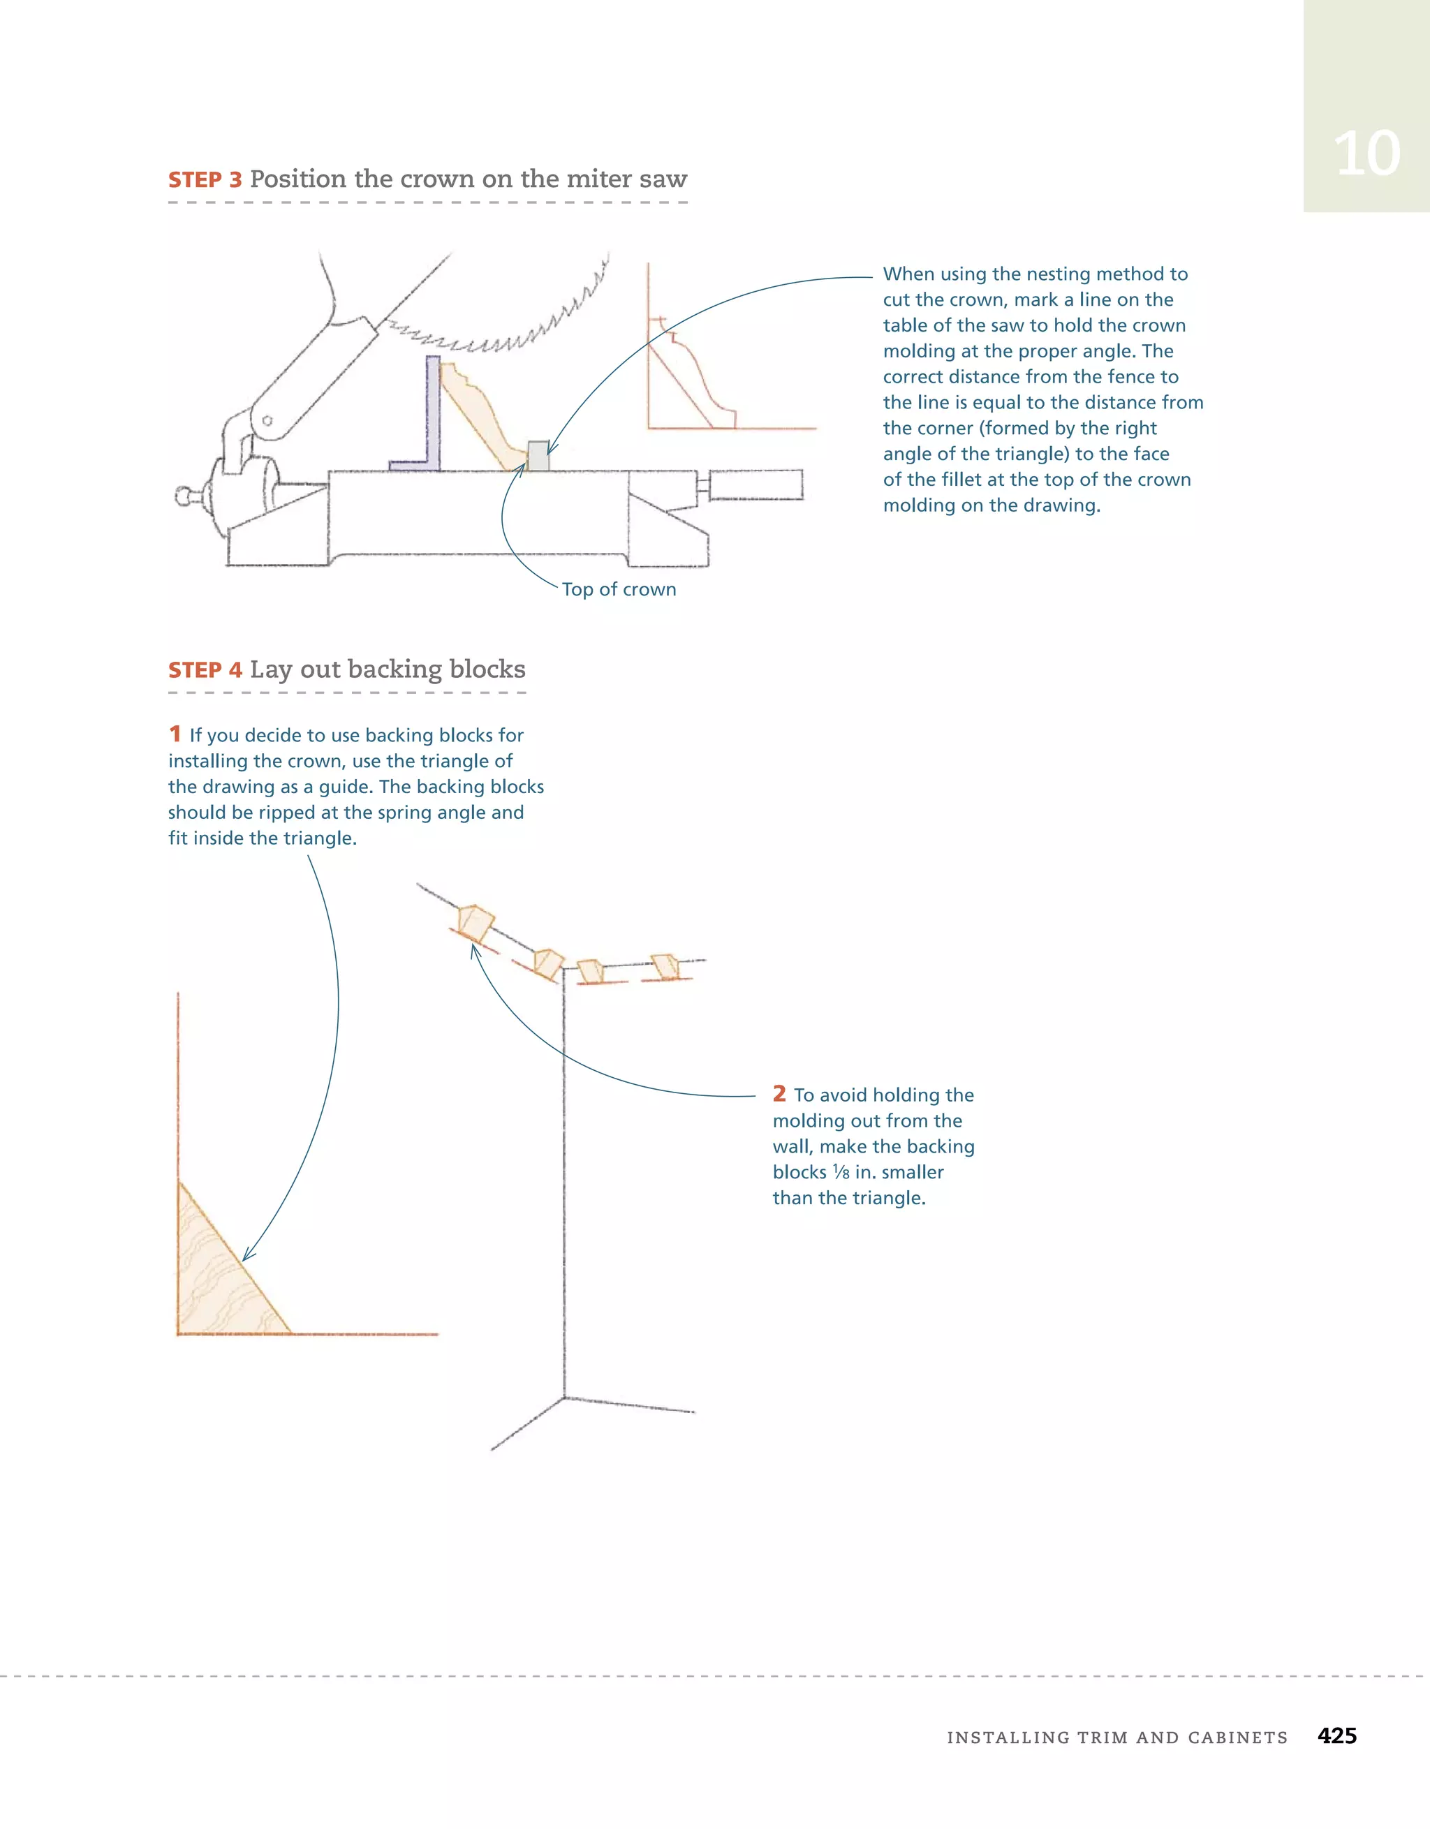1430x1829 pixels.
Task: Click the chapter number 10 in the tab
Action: (1366, 154)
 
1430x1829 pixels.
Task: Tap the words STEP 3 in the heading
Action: (205, 180)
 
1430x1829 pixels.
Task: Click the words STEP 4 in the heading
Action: (205, 670)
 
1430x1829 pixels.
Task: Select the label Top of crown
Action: (618, 590)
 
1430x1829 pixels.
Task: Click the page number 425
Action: (1336, 1736)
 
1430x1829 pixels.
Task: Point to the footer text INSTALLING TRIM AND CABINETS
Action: (1116, 1738)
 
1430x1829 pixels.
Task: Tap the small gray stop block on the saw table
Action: (538, 456)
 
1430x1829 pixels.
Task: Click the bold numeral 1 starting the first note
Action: (175, 734)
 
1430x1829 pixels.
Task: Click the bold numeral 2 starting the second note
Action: (779, 1094)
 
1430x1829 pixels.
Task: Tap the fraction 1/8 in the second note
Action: (841, 1172)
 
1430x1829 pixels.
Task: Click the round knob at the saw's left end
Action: (184, 496)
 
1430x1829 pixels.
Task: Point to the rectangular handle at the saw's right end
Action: (755, 485)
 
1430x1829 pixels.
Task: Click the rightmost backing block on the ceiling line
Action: (666, 966)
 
